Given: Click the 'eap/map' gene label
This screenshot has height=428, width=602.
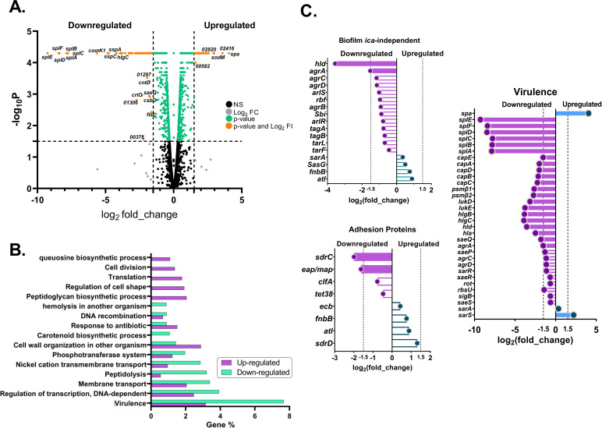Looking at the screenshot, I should tap(335, 270).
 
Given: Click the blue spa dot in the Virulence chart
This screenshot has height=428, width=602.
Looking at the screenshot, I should tap(588, 114).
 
